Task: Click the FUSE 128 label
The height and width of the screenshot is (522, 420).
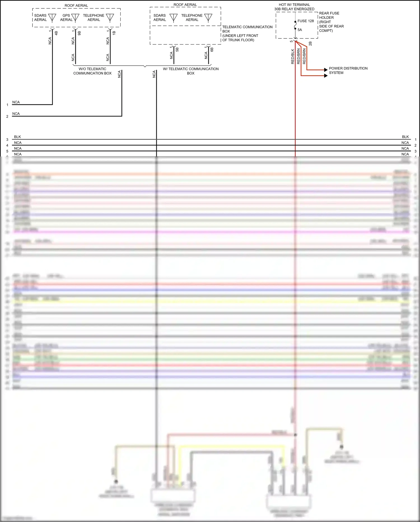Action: pos(305,21)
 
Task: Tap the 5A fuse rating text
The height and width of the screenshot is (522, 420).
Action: pos(300,30)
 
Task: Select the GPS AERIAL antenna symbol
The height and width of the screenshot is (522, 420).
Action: pos(75,18)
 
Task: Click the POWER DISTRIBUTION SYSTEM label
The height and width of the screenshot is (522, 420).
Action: pos(348,70)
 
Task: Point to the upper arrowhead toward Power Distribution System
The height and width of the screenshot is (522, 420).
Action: pos(326,70)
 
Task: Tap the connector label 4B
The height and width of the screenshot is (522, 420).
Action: pos(56,33)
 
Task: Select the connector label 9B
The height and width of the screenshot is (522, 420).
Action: pos(79,33)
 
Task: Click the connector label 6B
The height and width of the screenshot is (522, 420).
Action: pos(212,50)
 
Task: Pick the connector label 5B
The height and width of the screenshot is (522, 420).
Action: pos(177,50)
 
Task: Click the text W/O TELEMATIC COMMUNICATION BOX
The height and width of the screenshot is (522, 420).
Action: pos(92,71)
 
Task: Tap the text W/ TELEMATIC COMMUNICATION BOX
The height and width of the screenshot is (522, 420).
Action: pos(191,71)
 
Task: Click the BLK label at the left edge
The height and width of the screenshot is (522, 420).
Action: pos(17,137)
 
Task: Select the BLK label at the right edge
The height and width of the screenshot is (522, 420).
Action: pos(405,137)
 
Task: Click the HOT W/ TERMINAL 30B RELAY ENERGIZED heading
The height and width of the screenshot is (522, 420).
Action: pos(294,7)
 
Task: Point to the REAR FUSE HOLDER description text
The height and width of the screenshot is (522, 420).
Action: pos(331,22)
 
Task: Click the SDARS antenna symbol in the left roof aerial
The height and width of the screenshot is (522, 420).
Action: pos(52,18)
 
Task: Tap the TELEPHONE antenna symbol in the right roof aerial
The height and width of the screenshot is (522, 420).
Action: pos(208,18)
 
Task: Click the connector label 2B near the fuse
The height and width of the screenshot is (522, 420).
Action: pos(310,43)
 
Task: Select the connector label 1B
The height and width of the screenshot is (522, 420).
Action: pos(114,33)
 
